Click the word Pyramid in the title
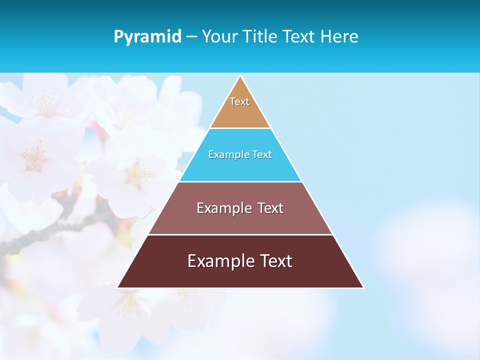(147, 37)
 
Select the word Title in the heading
(259, 36)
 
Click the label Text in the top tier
(239, 101)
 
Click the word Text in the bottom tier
(276, 261)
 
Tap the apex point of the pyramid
(240, 76)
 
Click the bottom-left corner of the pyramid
(118, 287)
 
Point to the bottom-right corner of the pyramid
(363, 287)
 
